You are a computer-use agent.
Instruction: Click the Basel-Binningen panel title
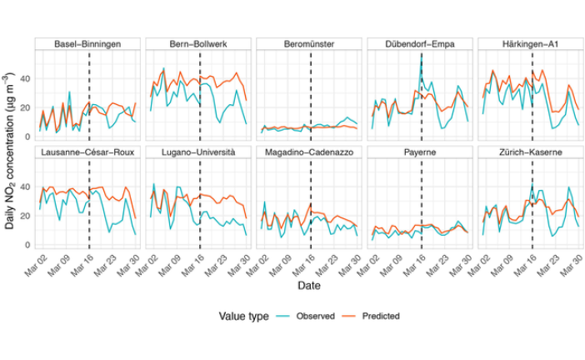tap(88, 43)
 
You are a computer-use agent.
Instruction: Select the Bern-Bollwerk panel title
tap(199, 43)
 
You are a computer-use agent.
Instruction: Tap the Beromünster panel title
tap(310, 43)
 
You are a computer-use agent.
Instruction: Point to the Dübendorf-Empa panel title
tap(421, 43)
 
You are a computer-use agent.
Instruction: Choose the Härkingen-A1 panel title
tap(532, 43)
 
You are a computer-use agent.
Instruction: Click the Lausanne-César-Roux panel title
tap(88, 153)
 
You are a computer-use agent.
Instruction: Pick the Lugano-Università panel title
tap(199, 153)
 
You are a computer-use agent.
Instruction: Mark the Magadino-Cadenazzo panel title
tap(310, 153)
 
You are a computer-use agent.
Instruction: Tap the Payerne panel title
tap(421, 153)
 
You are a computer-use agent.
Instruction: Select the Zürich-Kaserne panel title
tap(532, 153)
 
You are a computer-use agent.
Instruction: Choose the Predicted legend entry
tap(380, 317)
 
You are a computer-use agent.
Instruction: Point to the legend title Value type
tap(242, 317)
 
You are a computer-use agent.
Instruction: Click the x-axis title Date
tap(310, 285)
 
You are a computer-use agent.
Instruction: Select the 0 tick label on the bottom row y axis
tap(27, 246)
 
